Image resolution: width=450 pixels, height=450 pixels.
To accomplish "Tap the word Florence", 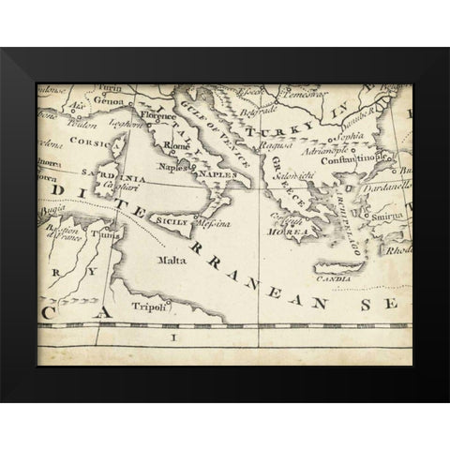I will pyautogui.click(x=159, y=117).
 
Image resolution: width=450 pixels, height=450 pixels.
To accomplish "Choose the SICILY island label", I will pyautogui.click(x=170, y=221).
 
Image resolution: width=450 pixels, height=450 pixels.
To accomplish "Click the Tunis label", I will pyautogui.click(x=113, y=236).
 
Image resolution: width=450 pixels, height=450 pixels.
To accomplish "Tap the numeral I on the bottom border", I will pyautogui.click(x=172, y=336).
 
